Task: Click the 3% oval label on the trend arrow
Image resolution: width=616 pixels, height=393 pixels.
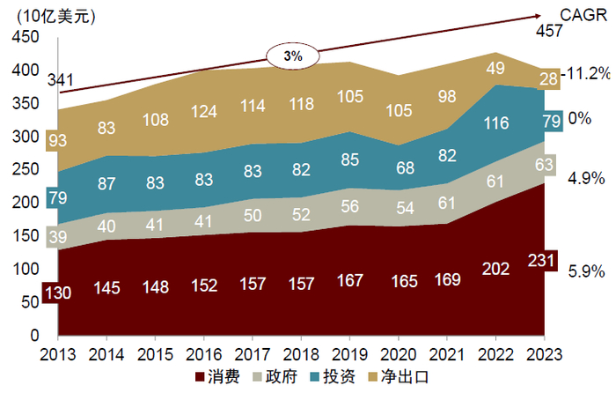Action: coord(292,56)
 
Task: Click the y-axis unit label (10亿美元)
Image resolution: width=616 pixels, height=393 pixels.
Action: coord(58,15)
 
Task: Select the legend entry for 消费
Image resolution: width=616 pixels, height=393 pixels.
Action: coord(217,376)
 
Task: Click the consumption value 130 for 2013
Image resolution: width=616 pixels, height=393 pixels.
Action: coord(57,292)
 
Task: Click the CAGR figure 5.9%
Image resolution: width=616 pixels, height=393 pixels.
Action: coord(586,271)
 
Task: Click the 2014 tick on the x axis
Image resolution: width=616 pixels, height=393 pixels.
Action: coord(106,352)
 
